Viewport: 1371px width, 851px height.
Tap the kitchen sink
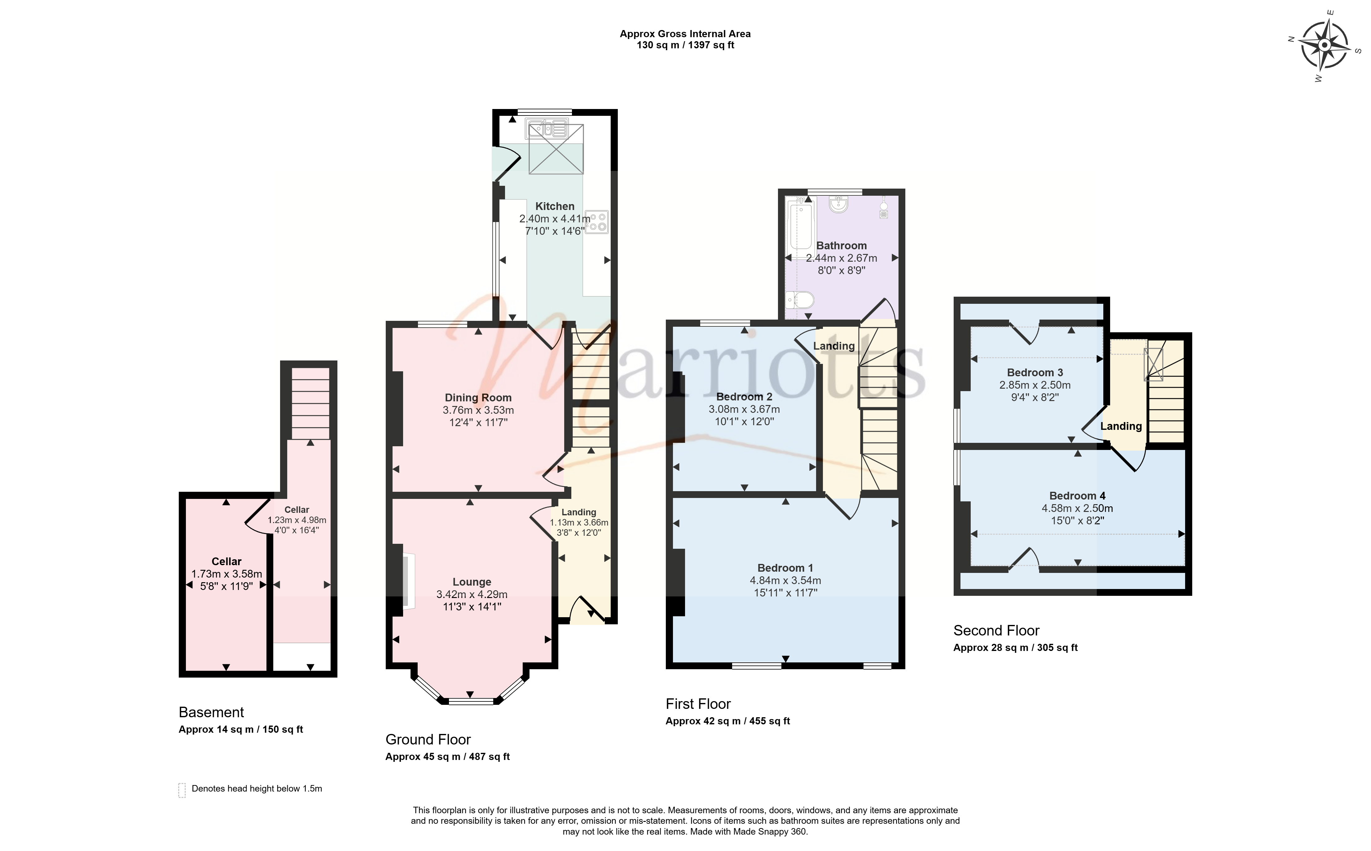546,129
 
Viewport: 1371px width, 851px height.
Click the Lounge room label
472,582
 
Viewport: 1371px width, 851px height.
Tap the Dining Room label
478,397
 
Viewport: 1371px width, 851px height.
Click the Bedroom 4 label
1077,496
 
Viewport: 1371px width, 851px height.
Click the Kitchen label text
555,206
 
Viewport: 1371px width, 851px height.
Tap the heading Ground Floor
428,740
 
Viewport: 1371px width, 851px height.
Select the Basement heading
211,713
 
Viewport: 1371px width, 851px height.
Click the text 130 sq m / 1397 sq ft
685,45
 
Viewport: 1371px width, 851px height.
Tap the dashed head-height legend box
182,790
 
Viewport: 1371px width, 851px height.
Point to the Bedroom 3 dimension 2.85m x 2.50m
1035,385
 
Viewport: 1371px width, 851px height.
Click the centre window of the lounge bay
471,701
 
